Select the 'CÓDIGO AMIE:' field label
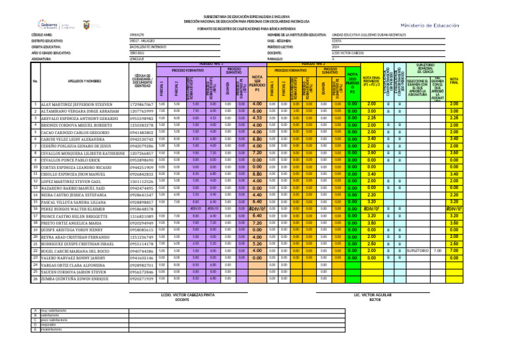pos(43,34)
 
